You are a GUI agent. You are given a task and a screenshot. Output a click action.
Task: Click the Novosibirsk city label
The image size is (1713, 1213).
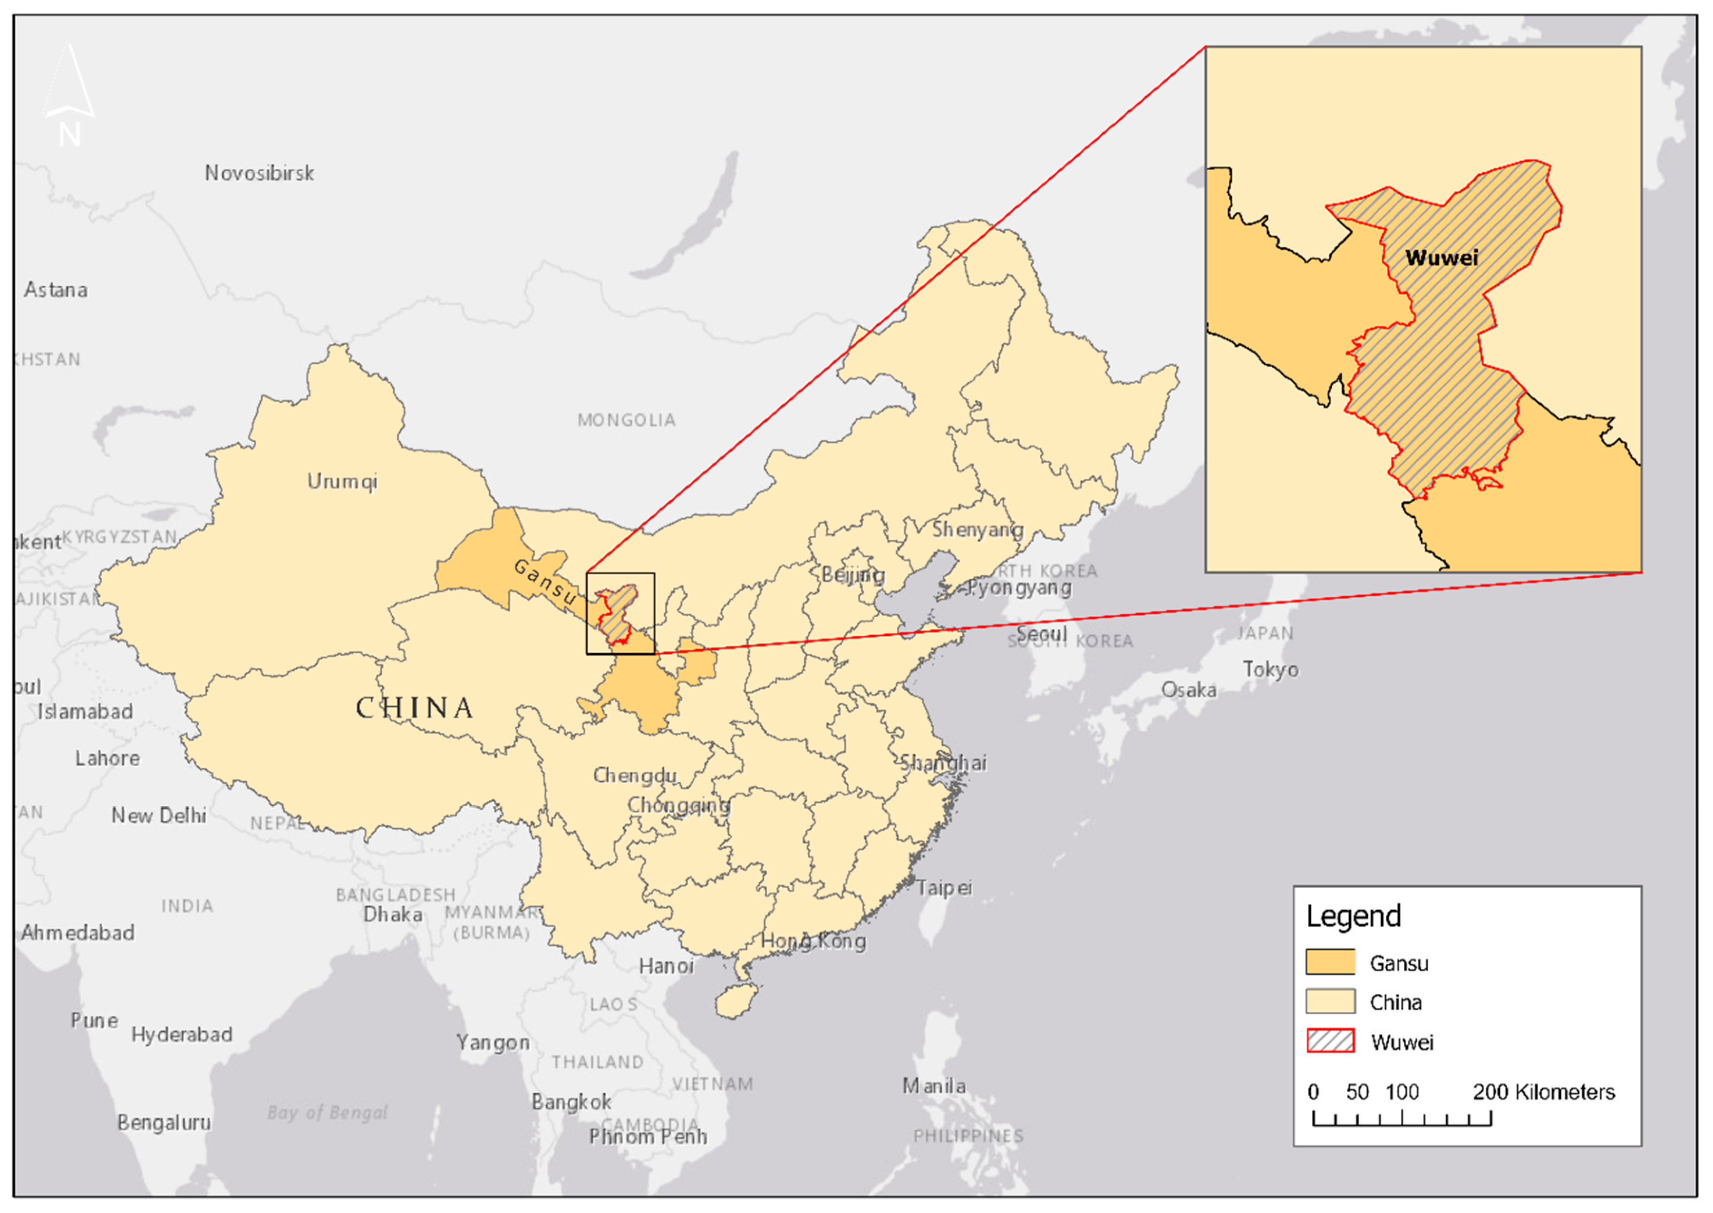(259, 173)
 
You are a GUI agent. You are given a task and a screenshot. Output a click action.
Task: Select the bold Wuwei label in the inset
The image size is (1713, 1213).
(1441, 259)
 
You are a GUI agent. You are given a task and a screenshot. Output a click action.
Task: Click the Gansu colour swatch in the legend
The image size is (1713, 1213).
(1330, 962)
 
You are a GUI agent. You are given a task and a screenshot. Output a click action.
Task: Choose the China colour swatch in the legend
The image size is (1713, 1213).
(1330, 1001)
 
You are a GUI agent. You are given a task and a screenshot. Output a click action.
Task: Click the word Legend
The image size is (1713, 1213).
(1353, 916)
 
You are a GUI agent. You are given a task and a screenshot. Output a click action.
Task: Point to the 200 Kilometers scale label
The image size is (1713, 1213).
(1543, 1092)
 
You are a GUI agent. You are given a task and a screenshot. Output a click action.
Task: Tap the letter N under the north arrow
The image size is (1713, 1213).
(69, 135)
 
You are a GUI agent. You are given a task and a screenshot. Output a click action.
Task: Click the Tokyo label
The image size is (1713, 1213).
(1270, 669)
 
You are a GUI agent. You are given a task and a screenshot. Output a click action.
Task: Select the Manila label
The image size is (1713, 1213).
(933, 1086)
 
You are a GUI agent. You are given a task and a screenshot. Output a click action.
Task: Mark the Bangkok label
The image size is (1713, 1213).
(571, 1102)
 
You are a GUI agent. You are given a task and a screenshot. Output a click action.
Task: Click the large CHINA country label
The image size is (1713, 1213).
(415, 708)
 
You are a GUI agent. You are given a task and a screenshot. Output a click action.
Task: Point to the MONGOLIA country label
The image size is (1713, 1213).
(626, 420)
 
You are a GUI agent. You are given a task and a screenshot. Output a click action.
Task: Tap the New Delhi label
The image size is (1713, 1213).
(158, 815)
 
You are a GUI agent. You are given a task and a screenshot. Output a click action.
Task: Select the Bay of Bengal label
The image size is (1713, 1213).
(327, 1113)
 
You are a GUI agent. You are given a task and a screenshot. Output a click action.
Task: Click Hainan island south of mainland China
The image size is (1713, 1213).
(736, 1001)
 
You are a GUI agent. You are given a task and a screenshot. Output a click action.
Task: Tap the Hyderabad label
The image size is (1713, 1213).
(182, 1035)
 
